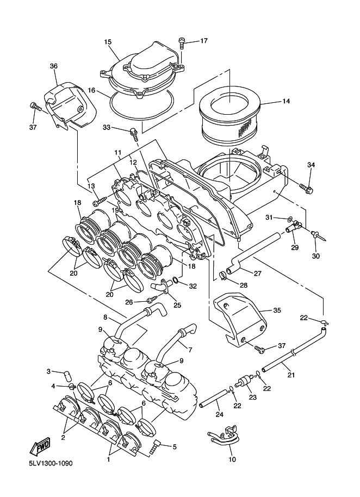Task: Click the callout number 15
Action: (108, 42)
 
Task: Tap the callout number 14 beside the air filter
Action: (286, 101)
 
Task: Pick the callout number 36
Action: (53, 66)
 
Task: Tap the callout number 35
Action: (276, 310)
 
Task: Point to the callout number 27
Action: (258, 273)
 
